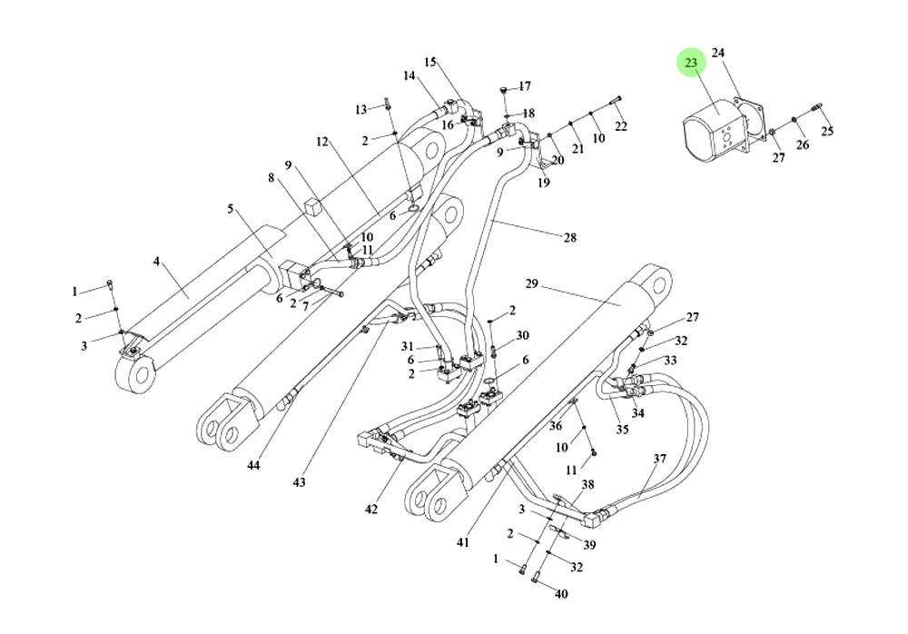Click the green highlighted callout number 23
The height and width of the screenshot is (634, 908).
[x=691, y=63]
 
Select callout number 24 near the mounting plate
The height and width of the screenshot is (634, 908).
[x=717, y=53]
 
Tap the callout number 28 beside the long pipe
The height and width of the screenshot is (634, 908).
[x=569, y=238]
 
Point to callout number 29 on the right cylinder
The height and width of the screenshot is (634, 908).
[x=532, y=284]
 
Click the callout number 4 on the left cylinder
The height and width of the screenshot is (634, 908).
[x=156, y=262]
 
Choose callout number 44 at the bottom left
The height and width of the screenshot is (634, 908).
[x=252, y=465]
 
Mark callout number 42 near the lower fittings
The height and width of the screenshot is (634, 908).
[x=370, y=510]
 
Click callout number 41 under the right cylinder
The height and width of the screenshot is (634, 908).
[x=463, y=542]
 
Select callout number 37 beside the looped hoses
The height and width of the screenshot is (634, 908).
[x=660, y=459]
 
